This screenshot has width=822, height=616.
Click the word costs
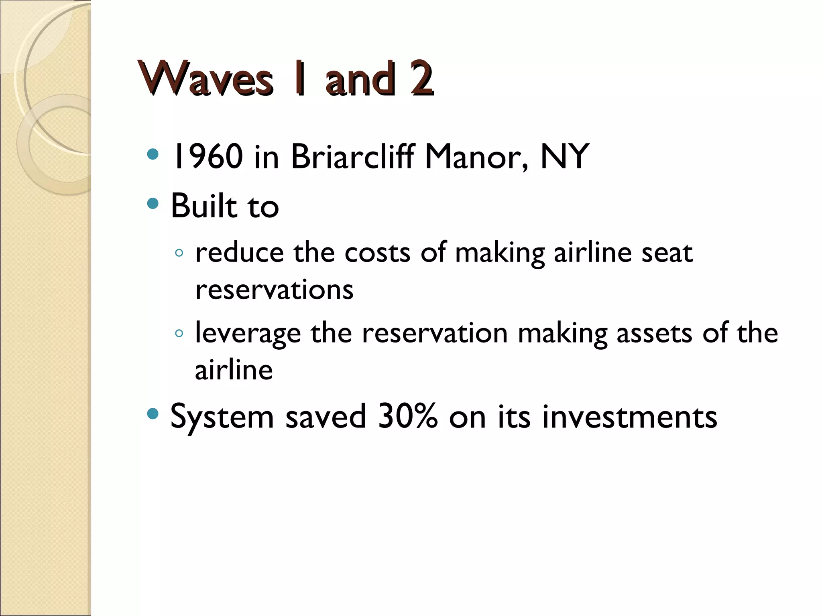pos(377,253)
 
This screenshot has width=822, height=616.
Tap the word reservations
pos(274,290)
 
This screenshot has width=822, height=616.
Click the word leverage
pos(248,334)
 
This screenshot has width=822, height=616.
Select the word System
pos(222,417)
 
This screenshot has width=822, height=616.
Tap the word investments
pos(629,417)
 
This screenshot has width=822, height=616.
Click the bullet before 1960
pos(153,154)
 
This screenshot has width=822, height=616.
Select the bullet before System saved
pos(153,413)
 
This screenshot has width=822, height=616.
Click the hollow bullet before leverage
pos(179,333)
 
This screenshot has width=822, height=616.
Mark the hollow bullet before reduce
pos(179,253)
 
